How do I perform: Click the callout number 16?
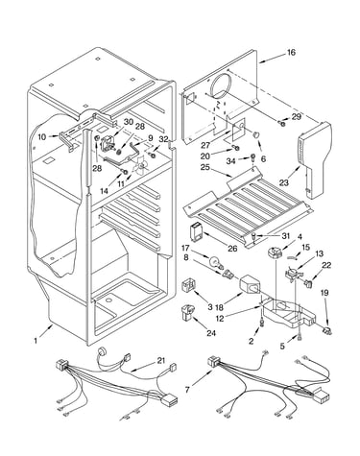[x=291, y=52]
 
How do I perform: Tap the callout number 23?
[x=284, y=182]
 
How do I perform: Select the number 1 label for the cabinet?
[x=36, y=341]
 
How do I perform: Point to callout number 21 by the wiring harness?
[x=161, y=361]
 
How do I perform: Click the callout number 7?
[x=188, y=390]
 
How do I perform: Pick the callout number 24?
[x=211, y=333]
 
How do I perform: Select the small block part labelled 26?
[x=196, y=231]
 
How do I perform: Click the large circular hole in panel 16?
[x=221, y=86]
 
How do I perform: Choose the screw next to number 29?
[x=281, y=123]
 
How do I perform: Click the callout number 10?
[x=42, y=137]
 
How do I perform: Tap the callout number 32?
[x=163, y=139]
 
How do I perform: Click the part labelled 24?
[x=188, y=312]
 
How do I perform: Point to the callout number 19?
[x=324, y=293]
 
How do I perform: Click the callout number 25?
[x=204, y=167]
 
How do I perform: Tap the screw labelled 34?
[x=253, y=157]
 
